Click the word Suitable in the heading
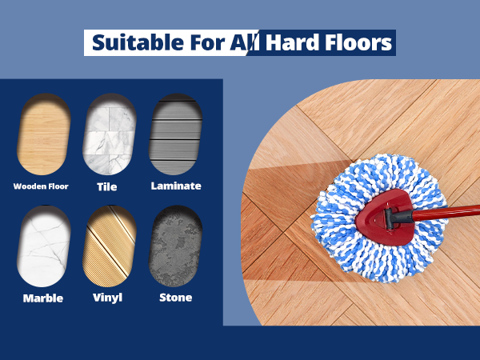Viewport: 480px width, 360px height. click(x=138, y=42)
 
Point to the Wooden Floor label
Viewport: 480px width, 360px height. click(x=41, y=186)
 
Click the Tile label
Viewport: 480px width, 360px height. click(x=107, y=186)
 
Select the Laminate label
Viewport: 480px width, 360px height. click(x=176, y=186)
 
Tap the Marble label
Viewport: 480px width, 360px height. click(x=43, y=298)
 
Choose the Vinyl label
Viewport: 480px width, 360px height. click(x=107, y=298)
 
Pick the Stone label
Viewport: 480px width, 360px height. click(x=176, y=298)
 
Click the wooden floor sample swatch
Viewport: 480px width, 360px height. click(x=44, y=134)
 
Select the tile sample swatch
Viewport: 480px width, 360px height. click(x=110, y=134)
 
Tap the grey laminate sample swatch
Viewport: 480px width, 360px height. click(x=175, y=134)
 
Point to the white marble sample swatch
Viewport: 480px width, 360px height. click(x=44, y=246)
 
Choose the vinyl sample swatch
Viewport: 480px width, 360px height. click(x=110, y=246)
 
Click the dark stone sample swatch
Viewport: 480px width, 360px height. click(x=175, y=246)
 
